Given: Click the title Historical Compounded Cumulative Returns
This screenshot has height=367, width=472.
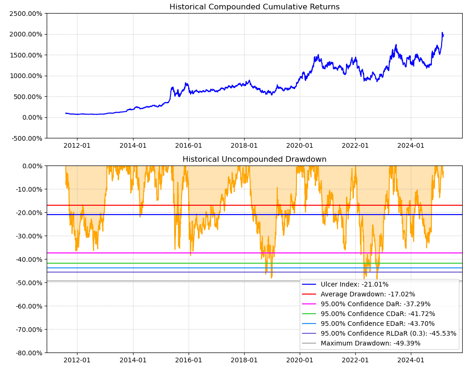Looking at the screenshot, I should click(254, 7).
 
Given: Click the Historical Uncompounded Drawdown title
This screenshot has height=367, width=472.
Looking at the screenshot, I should click(254, 159).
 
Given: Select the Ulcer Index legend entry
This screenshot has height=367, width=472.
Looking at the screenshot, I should click(354, 284).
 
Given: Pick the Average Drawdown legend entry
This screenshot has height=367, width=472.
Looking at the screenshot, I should click(367, 294).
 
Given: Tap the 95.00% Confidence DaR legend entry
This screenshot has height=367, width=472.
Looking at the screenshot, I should click(375, 304).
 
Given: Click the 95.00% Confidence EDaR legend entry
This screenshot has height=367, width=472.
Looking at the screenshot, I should click(377, 324).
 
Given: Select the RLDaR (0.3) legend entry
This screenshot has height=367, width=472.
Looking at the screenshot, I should click(388, 333).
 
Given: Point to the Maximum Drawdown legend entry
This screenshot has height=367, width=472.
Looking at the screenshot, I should click(370, 343).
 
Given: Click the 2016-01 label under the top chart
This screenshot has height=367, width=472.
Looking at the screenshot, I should click(189, 145).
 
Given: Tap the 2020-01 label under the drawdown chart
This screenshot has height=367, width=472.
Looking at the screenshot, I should click(300, 360).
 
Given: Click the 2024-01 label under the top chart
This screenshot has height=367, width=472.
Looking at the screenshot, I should click(411, 145).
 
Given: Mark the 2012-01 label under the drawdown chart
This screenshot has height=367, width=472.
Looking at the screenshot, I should click(77, 360).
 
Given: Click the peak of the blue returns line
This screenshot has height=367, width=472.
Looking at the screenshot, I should click(442, 32).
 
